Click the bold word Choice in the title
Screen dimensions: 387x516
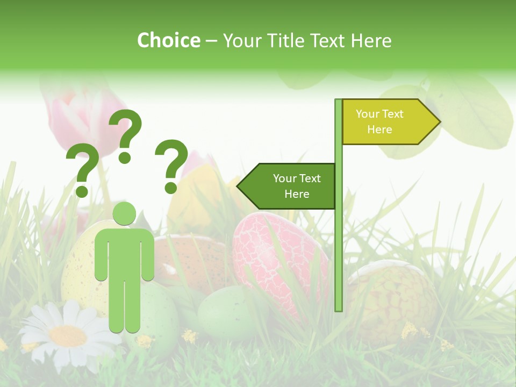(168, 40)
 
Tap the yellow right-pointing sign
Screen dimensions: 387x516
(387, 121)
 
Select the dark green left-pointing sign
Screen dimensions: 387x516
(288, 186)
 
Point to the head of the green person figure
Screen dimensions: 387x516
(125, 213)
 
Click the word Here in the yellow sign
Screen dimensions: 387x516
(379, 130)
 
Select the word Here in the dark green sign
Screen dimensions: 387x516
(297, 194)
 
